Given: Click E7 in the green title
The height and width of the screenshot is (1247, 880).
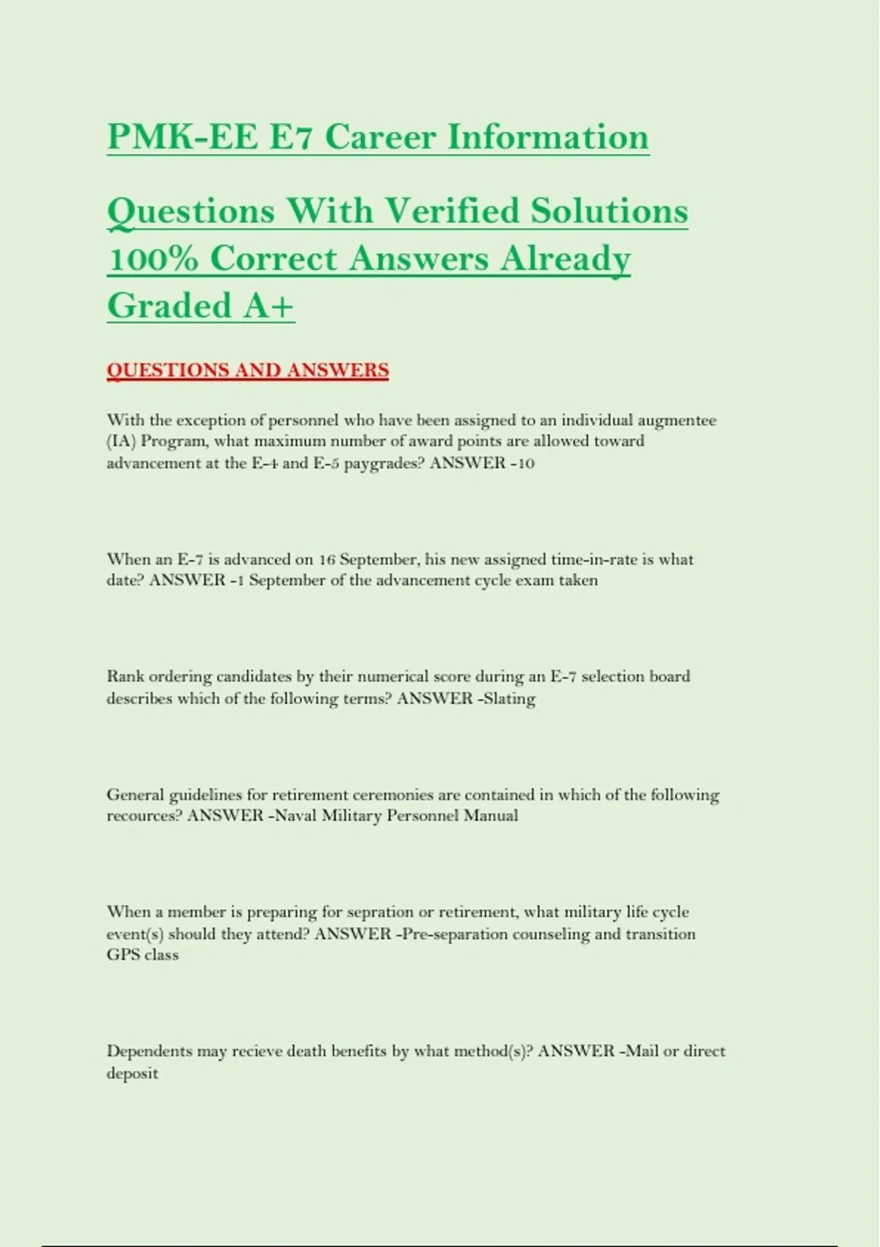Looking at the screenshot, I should click(x=291, y=137).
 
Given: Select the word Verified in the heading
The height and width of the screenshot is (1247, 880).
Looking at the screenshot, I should click(x=452, y=211).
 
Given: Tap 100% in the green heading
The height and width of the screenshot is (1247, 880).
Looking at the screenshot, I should click(x=153, y=259).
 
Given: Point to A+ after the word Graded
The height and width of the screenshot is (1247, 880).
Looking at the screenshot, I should click(x=268, y=306).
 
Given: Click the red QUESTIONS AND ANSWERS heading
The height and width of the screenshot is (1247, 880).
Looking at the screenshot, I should click(x=247, y=370).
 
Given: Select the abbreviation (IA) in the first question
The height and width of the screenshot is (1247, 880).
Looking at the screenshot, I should click(x=121, y=442).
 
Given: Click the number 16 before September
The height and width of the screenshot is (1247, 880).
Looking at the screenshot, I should click(x=327, y=560).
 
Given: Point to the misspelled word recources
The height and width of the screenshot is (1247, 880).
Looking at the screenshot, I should click(x=144, y=816).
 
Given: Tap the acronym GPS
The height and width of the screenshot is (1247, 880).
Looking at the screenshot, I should click(x=123, y=955).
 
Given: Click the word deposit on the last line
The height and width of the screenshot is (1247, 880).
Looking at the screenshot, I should click(x=132, y=1073).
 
